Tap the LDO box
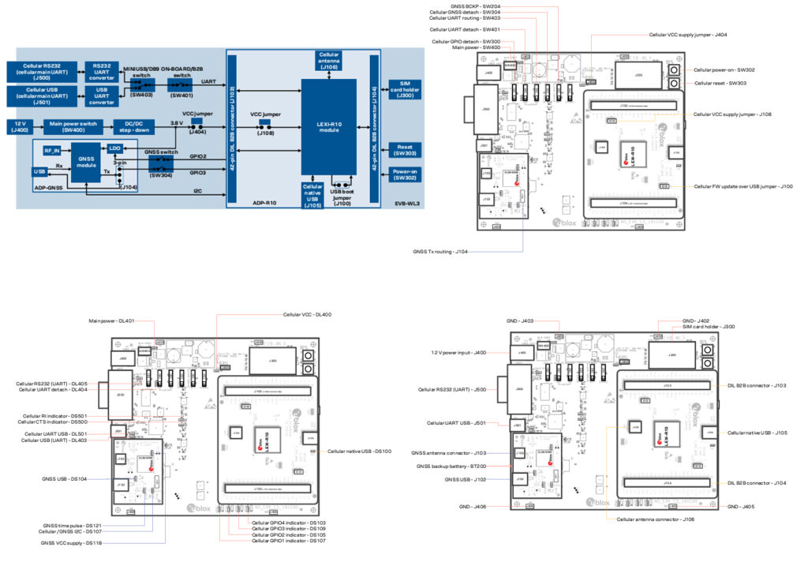click(x=115, y=148)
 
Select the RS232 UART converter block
click(x=103, y=71)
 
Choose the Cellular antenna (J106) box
click(x=328, y=62)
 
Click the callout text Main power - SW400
click(x=476, y=47)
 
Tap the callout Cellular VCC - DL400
click(x=307, y=315)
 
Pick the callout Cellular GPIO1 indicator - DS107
click(x=289, y=541)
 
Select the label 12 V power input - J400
click(x=458, y=353)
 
